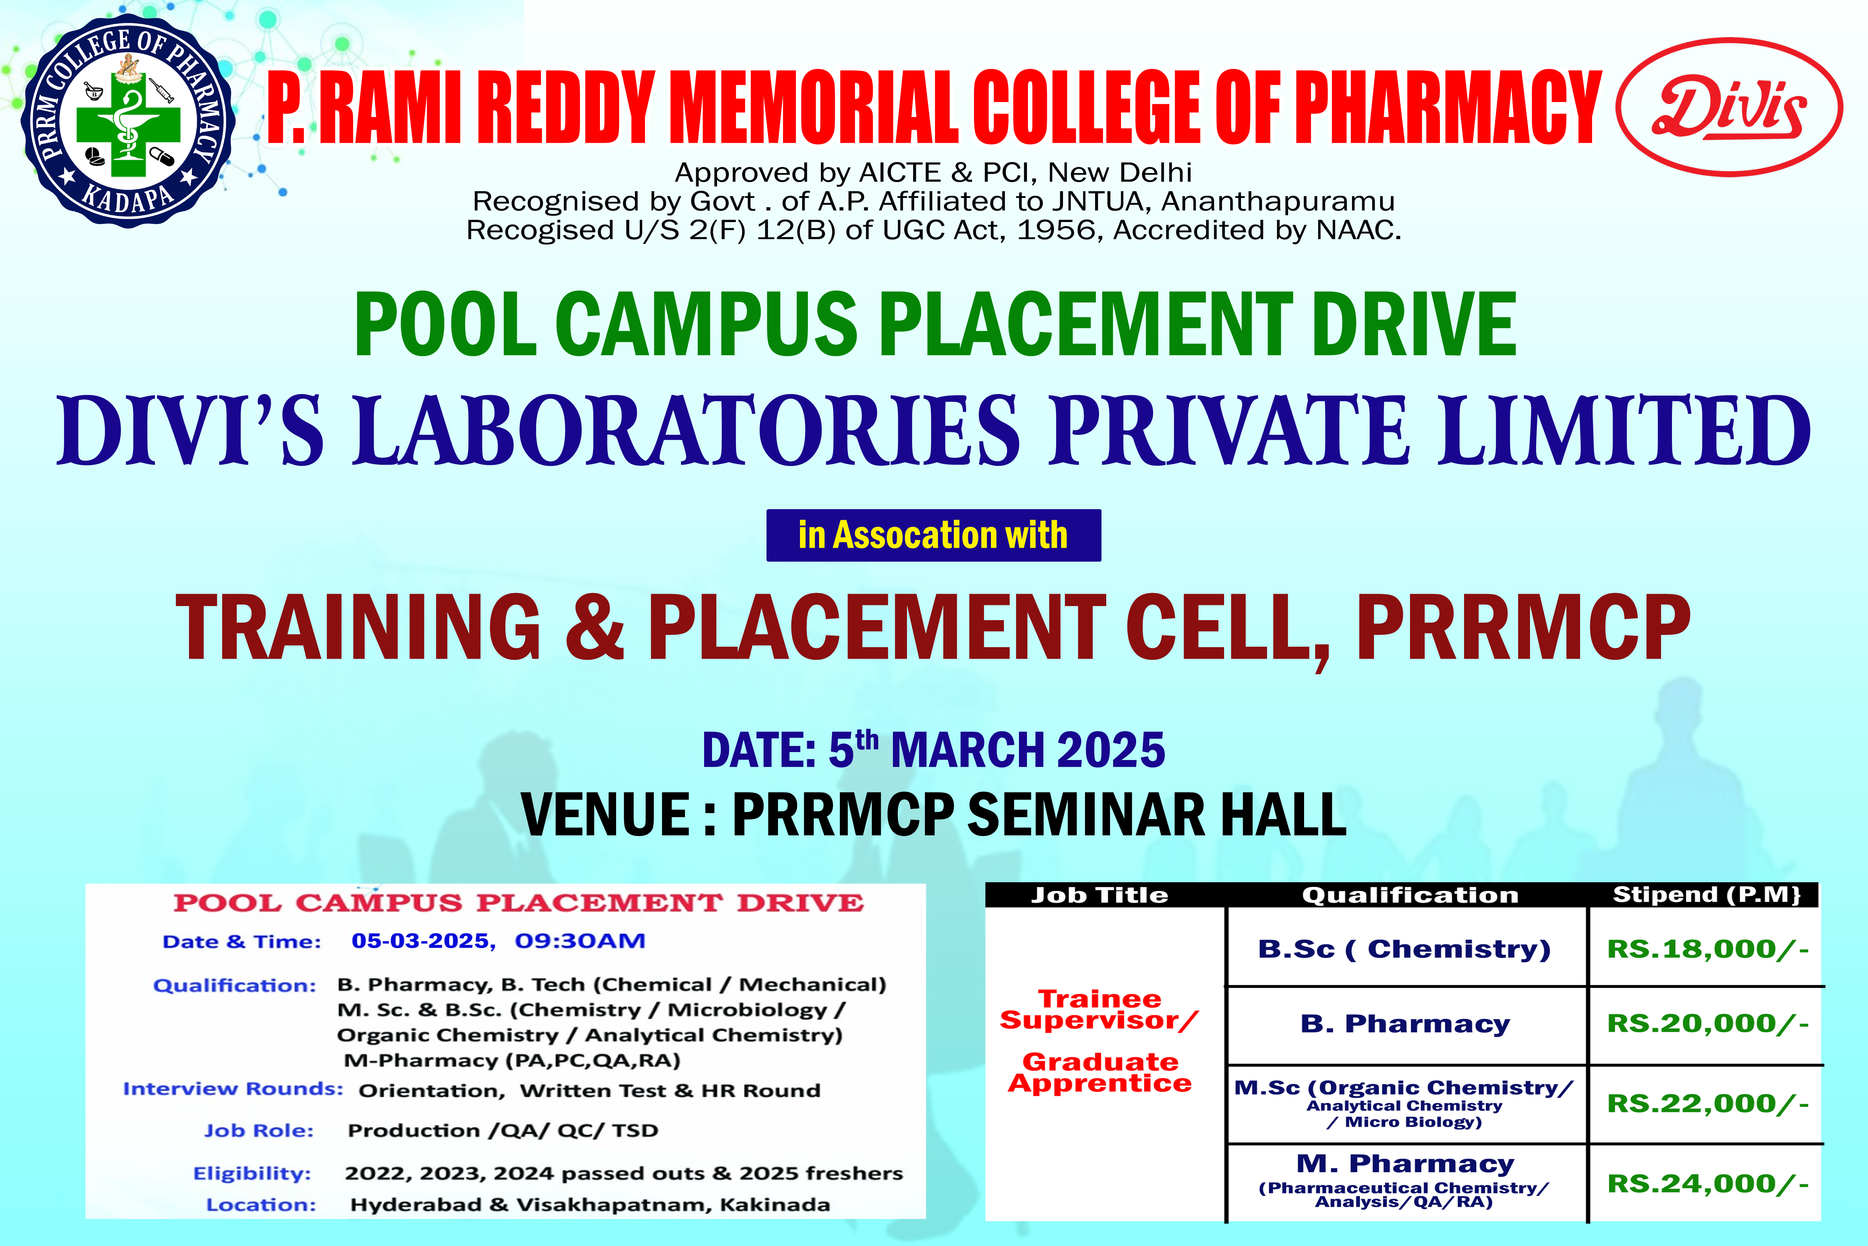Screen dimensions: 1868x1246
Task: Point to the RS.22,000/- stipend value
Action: coord(1708,1104)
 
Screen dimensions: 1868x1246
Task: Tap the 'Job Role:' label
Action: coord(259,1131)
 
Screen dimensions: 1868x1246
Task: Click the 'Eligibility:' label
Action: coord(253,1174)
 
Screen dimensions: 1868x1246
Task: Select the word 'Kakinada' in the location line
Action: coord(774,1205)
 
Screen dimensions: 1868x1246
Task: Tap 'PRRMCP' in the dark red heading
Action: coord(1523,626)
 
